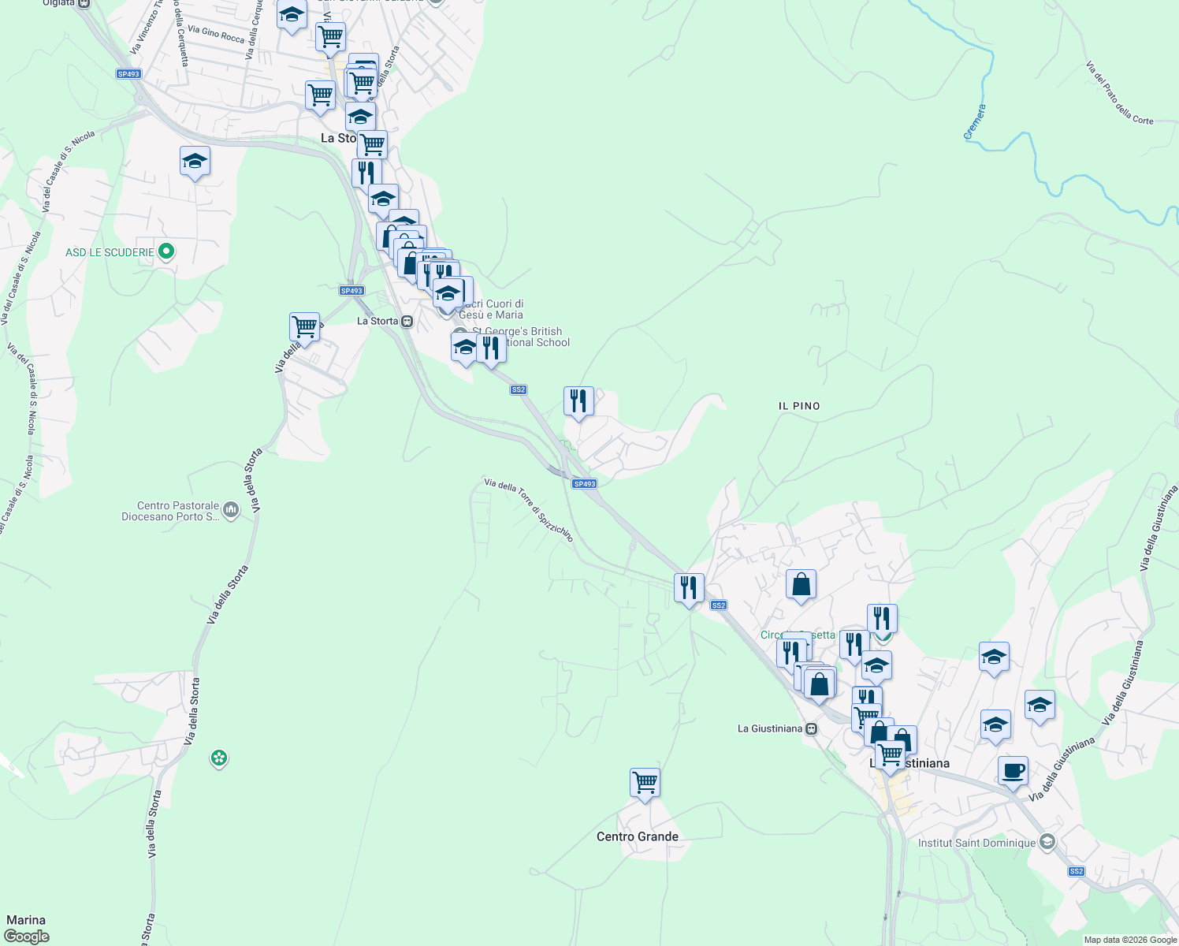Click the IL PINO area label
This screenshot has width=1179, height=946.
pyautogui.click(x=799, y=406)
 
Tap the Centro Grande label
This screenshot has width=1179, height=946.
pyautogui.click(x=637, y=836)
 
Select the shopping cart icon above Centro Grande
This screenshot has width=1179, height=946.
pyautogui.click(x=645, y=783)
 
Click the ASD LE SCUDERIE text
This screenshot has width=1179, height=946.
pyautogui.click(x=110, y=252)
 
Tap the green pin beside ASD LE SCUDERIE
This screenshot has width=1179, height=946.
pyautogui.click(x=166, y=252)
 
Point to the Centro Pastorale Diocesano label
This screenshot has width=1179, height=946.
pyautogui.click(x=170, y=511)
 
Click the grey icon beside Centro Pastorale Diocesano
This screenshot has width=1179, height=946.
pyautogui.click(x=231, y=510)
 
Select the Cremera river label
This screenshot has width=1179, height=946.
pyautogui.click(x=975, y=122)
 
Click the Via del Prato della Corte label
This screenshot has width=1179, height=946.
pyautogui.click(x=1119, y=94)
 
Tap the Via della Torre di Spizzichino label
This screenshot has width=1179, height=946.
pyautogui.click(x=528, y=509)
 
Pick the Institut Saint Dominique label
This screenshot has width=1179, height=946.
pyautogui.click(x=976, y=843)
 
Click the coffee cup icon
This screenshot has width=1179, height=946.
pyautogui.click(x=1013, y=770)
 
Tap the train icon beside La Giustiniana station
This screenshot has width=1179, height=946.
pyautogui.click(x=812, y=728)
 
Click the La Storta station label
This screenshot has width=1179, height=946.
pyautogui.click(x=378, y=321)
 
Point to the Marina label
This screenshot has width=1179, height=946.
pyautogui.click(x=26, y=920)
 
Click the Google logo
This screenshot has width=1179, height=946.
pyautogui.click(x=26, y=937)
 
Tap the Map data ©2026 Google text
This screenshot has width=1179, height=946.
pyautogui.click(x=1130, y=940)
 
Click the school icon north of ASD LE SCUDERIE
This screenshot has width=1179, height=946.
pyautogui.click(x=195, y=162)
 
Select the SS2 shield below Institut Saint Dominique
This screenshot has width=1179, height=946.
pyautogui.click(x=1077, y=871)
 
